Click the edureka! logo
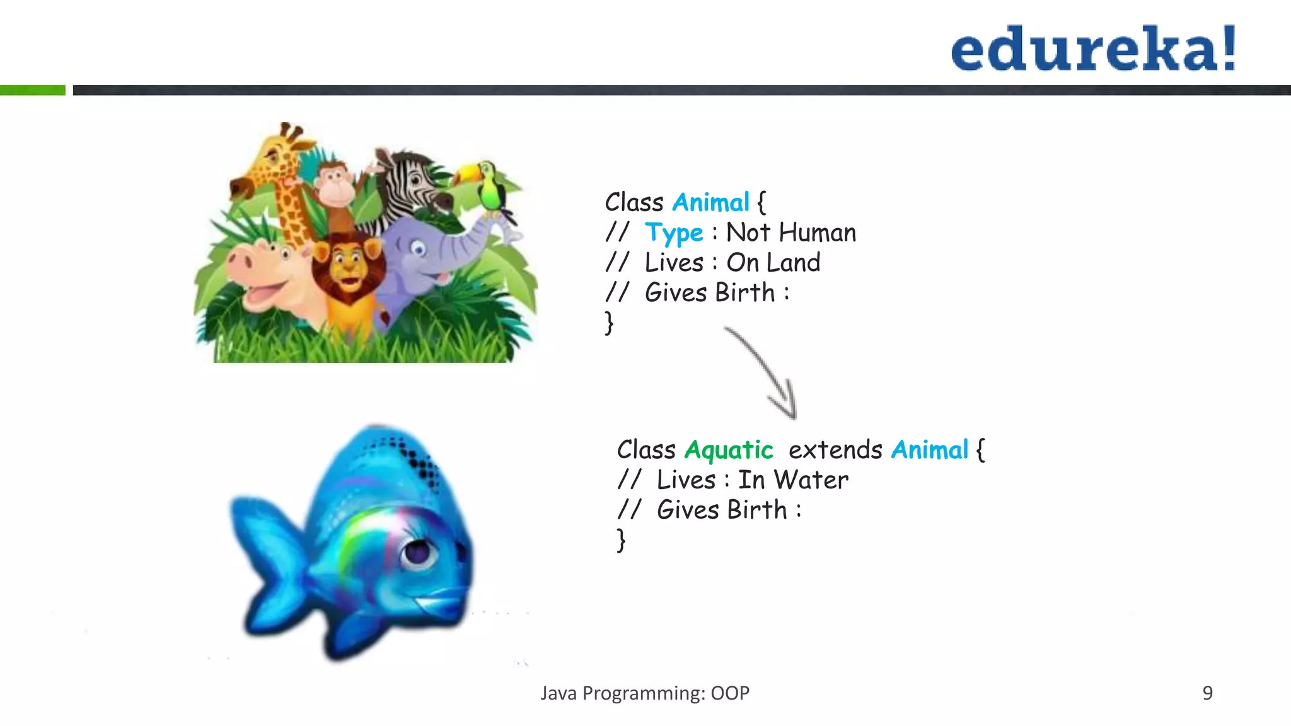point(1094,49)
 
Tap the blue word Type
point(673,233)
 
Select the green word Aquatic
point(729,450)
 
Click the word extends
point(835,450)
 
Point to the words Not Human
point(791,233)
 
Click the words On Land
point(773,263)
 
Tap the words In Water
point(793,480)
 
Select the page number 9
point(1207,693)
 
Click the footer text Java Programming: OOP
point(645,693)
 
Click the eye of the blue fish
point(417,552)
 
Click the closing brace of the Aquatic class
point(621,541)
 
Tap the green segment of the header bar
point(33,90)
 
